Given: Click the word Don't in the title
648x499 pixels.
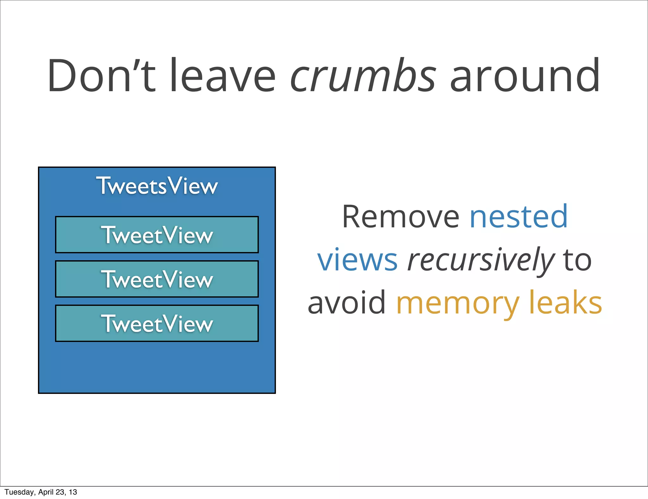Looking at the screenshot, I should point(101,76).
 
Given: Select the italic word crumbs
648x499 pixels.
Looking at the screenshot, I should point(363,76).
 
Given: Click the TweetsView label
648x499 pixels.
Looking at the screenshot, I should point(157,186).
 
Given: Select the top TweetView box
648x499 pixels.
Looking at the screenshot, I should point(157,235).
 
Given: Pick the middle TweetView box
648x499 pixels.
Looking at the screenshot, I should point(157,279).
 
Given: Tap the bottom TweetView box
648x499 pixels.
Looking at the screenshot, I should point(157,323).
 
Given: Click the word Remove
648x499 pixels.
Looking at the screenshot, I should point(400,217).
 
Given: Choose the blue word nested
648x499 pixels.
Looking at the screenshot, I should point(519,217).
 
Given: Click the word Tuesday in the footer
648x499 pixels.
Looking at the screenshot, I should point(19,492).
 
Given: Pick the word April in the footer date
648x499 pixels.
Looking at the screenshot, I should point(46,492).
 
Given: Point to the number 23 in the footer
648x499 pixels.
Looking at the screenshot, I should point(60,492).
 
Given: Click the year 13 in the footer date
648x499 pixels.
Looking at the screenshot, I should point(73,492).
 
